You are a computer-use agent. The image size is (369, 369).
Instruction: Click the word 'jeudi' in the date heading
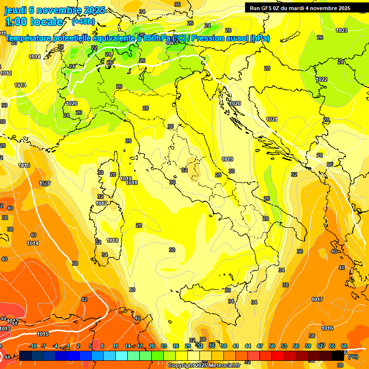[15, 10]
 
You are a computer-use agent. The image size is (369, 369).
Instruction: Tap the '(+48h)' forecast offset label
[83, 22]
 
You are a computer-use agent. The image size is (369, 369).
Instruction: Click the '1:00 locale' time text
[34, 22]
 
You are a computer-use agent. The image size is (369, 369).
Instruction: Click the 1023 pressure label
[342, 30]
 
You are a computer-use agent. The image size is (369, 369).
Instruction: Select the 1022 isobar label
[321, 79]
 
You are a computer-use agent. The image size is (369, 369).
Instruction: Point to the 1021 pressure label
[272, 119]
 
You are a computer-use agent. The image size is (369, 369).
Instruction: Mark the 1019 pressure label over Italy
[227, 159]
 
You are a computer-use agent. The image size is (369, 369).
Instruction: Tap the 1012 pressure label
[6, 73]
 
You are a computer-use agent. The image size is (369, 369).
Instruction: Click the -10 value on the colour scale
[33, 346]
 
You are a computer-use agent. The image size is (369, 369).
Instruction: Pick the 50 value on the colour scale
[272, 346]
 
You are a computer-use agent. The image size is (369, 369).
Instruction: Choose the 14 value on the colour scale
[128, 346]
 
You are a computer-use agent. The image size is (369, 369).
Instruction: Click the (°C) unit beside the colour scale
[353, 357]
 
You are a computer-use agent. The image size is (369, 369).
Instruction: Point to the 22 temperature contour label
[94, 48]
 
